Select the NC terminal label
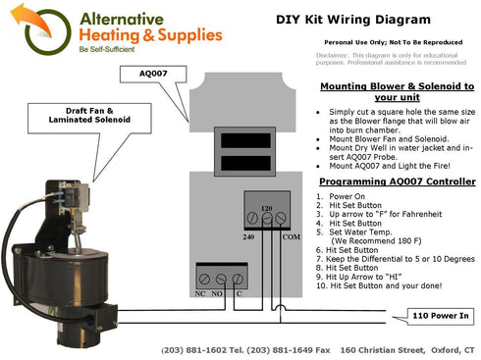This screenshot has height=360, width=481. (201, 292)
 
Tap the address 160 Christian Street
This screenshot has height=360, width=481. (387, 350)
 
